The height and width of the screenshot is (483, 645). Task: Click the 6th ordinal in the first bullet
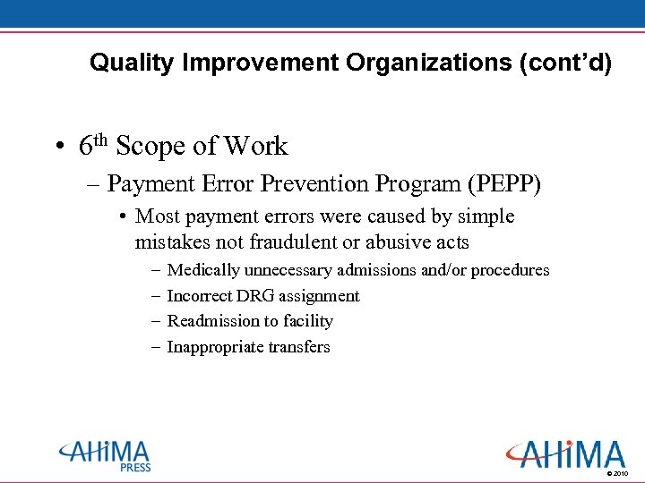coord(92,145)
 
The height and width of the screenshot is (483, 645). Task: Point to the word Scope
coord(147,146)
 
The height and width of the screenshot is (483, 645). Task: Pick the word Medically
coord(203,270)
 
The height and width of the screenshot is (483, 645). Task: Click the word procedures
coord(510,270)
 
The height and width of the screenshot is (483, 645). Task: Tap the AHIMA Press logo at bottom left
coord(106,455)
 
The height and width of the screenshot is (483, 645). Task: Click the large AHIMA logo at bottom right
coord(564,453)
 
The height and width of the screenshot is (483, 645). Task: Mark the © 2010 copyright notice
coord(617,472)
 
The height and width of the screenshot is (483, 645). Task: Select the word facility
coord(307,321)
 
